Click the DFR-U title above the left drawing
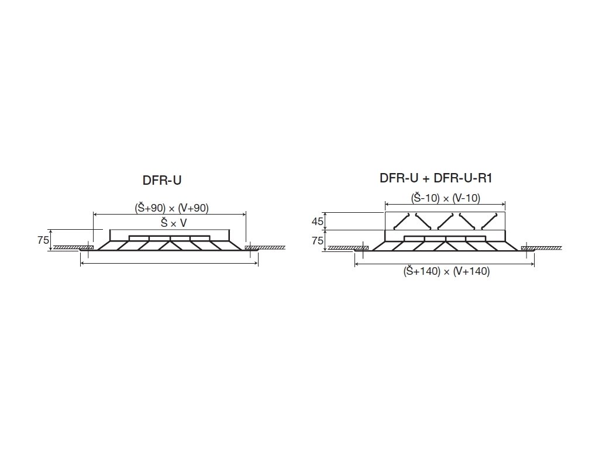(162, 180)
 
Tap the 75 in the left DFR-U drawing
(43, 240)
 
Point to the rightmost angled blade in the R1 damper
(489, 221)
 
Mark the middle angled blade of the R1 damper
(445, 221)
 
